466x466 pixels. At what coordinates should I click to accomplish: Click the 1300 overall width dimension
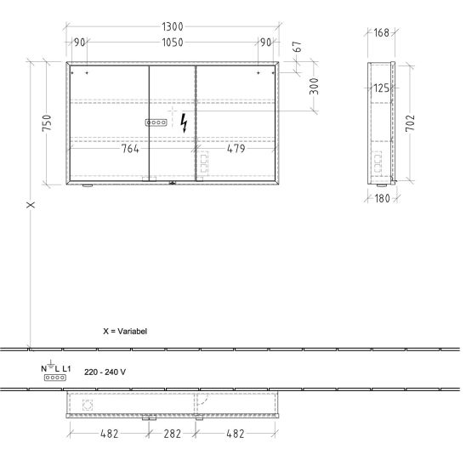coord(173,26)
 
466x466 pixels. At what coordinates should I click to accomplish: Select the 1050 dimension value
coord(173,43)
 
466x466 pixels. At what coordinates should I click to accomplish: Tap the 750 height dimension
coord(47,122)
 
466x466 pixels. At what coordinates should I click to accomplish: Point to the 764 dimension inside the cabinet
coord(130,149)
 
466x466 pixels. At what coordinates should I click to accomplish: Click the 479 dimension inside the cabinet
coord(236,149)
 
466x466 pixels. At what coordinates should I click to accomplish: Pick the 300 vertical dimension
coord(314,86)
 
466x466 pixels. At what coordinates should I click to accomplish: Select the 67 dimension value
coord(297,47)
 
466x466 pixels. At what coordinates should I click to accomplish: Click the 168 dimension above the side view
coord(381,32)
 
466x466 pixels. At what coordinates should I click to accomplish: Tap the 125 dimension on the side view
coord(381,88)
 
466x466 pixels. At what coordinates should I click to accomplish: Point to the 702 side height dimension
coord(410,123)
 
